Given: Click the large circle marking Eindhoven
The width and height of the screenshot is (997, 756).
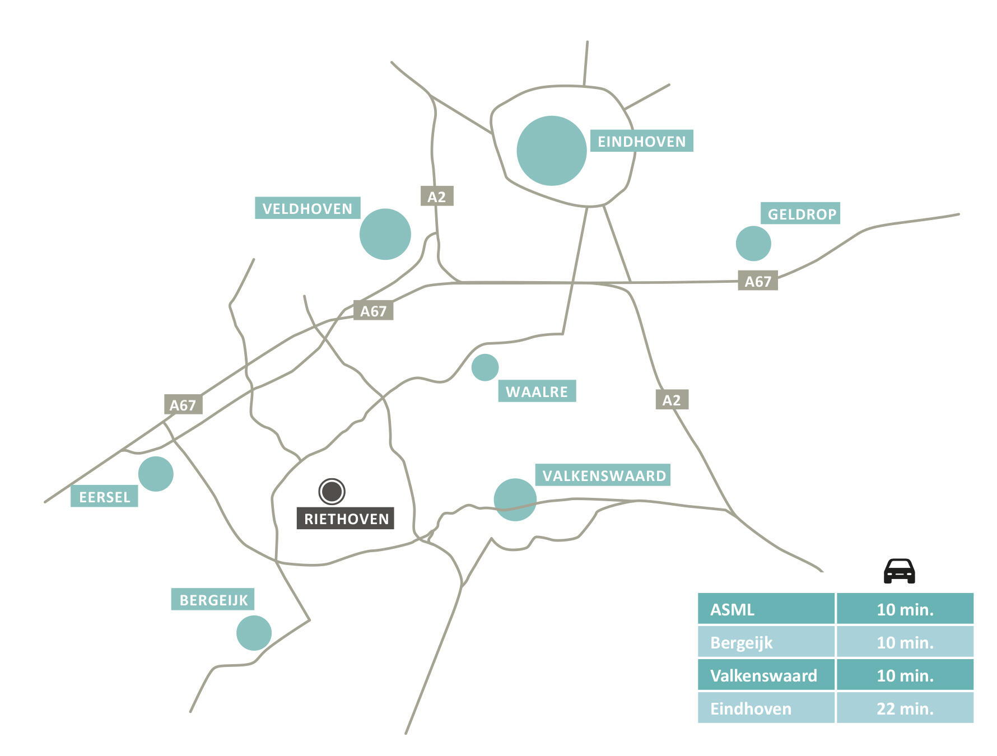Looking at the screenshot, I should click(551, 151).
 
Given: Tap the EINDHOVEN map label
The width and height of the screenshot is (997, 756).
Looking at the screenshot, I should click(641, 141).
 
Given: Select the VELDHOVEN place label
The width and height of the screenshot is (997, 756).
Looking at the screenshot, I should click(307, 208).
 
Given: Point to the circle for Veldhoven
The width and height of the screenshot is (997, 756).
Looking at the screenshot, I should click(385, 234).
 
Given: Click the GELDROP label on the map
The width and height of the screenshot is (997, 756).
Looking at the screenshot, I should click(801, 213).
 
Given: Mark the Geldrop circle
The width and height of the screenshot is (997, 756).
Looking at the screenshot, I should click(753, 244).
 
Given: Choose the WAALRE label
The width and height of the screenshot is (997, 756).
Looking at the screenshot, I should click(537, 391).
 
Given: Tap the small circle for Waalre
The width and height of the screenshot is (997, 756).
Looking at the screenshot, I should click(484, 367).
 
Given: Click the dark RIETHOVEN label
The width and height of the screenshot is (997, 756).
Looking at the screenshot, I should click(346, 519).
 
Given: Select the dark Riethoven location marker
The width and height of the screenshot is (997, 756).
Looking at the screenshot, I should click(332, 491).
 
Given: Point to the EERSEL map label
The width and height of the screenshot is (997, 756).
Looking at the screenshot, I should click(104, 497).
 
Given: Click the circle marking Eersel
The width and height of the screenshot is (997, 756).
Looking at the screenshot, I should click(156, 474).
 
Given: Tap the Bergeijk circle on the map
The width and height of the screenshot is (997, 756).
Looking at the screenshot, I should click(254, 633).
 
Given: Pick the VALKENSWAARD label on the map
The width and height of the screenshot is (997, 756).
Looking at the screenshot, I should click(603, 475).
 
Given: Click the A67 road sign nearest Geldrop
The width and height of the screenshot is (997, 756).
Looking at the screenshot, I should click(758, 281).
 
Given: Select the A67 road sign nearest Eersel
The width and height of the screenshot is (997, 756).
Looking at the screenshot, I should click(183, 404).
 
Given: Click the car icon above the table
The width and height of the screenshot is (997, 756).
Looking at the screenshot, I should click(899, 571).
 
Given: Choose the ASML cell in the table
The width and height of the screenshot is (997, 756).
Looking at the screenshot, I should click(766, 609).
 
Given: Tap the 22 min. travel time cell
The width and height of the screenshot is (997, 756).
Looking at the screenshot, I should click(905, 708).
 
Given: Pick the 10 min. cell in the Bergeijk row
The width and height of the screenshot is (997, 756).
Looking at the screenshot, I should click(905, 642).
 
